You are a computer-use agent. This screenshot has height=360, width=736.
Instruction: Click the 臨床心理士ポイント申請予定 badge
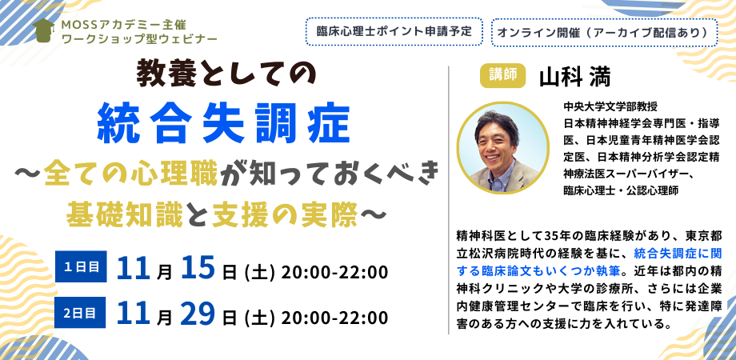pos(394,33)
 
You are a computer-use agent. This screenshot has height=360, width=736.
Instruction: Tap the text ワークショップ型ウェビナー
pos(117,38)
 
